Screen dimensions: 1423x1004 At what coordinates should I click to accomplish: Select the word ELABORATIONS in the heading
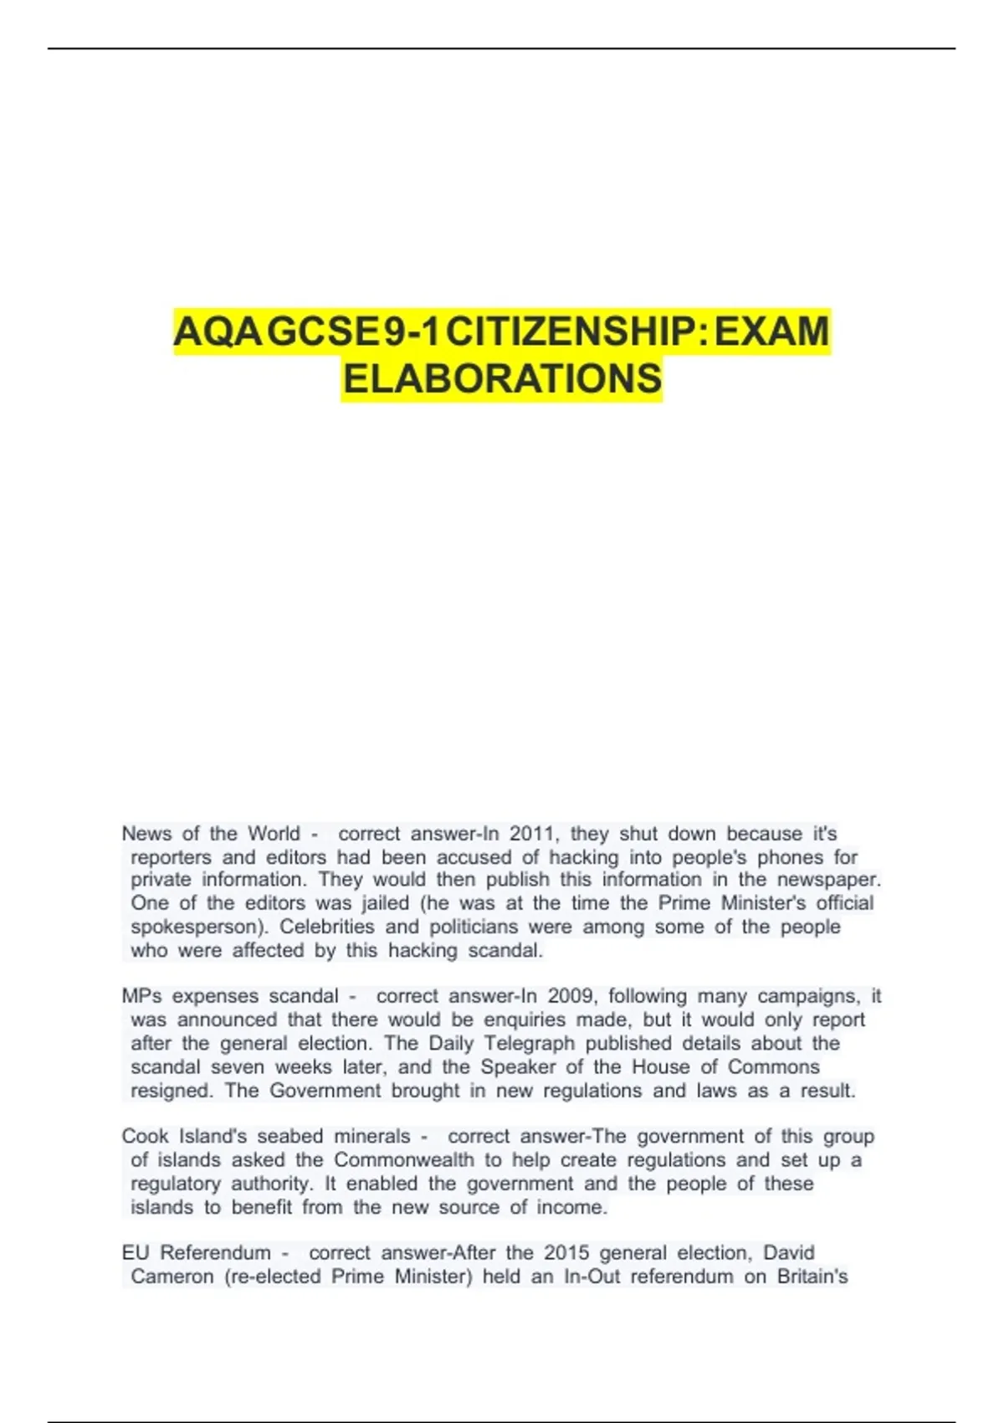click(502, 379)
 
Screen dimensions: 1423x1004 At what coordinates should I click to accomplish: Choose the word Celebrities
click(327, 927)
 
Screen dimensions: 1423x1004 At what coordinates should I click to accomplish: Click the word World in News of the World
click(274, 834)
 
